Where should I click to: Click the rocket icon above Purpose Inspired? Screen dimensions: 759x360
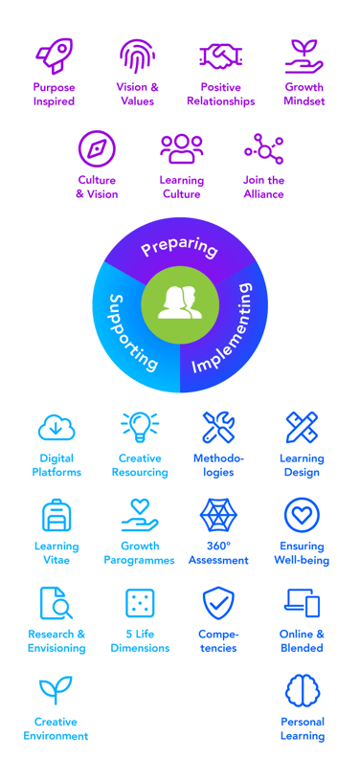(x=54, y=56)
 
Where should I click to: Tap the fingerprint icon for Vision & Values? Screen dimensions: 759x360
(x=137, y=56)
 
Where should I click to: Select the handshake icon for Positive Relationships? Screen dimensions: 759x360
(x=220, y=56)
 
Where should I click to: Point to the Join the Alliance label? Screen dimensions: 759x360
(x=263, y=187)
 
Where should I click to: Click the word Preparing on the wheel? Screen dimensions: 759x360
(x=180, y=247)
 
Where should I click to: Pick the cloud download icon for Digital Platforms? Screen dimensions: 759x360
(x=56, y=427)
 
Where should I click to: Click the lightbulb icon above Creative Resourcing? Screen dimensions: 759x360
(x=140, y=427)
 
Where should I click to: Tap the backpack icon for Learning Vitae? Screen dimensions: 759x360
(x=56, y=516)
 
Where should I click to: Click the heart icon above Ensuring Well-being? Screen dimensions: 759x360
(x=302, y=516)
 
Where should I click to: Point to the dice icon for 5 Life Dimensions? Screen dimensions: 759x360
(x=140, y=602)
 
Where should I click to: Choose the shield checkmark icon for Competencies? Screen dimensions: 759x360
(x=218, y=602)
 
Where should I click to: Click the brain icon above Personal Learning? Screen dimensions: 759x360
(x=303, y=690)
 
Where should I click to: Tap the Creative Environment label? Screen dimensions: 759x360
(x=56, y=728)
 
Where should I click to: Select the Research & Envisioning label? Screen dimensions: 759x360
(x=56, y=640)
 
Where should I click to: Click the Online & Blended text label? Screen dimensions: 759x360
(x=302, y=640)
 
